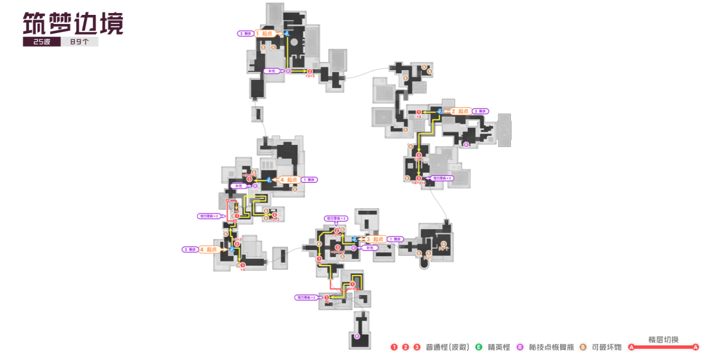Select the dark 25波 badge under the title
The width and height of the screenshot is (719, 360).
(41, 42)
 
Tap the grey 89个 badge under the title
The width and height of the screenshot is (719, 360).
(79, 42)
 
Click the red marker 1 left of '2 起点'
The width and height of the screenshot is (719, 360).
(419, 112)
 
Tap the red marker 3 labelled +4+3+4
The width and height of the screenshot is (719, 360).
(419, 178)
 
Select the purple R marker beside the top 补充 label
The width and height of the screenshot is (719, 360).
(288, 71)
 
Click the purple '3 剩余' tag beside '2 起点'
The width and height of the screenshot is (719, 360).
(480, 111)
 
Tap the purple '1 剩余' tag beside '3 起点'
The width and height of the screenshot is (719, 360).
(395, 239)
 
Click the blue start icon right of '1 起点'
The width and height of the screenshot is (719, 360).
(287, 34)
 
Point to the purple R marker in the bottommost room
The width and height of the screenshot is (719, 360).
(357, 336)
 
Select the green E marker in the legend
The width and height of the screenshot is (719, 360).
(479, 347)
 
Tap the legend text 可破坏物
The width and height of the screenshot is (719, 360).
(606, 347)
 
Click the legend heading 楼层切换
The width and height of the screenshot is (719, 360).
(664, 339)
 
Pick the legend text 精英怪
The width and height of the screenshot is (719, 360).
(499, 347)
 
